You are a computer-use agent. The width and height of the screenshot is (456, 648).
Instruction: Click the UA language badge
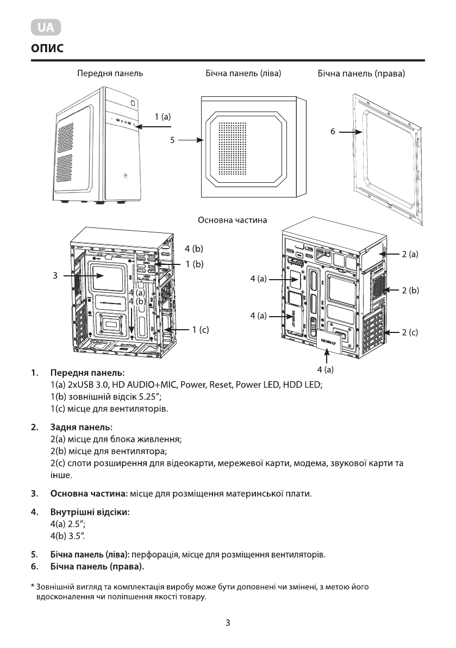pos(46,28)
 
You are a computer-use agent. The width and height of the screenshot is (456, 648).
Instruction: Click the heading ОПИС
pos(48,49)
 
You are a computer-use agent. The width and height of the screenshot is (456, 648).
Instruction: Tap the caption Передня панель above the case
pos(110,72)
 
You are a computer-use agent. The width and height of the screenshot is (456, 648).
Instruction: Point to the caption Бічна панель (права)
pos(361,72)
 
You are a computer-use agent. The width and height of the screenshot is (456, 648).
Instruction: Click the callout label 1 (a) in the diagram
pos(163,116)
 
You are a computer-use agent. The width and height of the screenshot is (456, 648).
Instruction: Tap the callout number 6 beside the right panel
pos(333,132)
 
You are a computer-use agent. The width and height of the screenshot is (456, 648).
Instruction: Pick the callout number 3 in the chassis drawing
pos(55,276)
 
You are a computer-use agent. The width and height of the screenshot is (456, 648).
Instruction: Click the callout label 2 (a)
pos(410,254)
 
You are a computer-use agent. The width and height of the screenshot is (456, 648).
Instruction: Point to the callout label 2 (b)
pos(410,291)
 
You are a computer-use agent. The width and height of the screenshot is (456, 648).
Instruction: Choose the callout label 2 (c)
pos(410,332)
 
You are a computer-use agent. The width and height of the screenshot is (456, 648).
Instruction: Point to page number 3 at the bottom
pos(228,623)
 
